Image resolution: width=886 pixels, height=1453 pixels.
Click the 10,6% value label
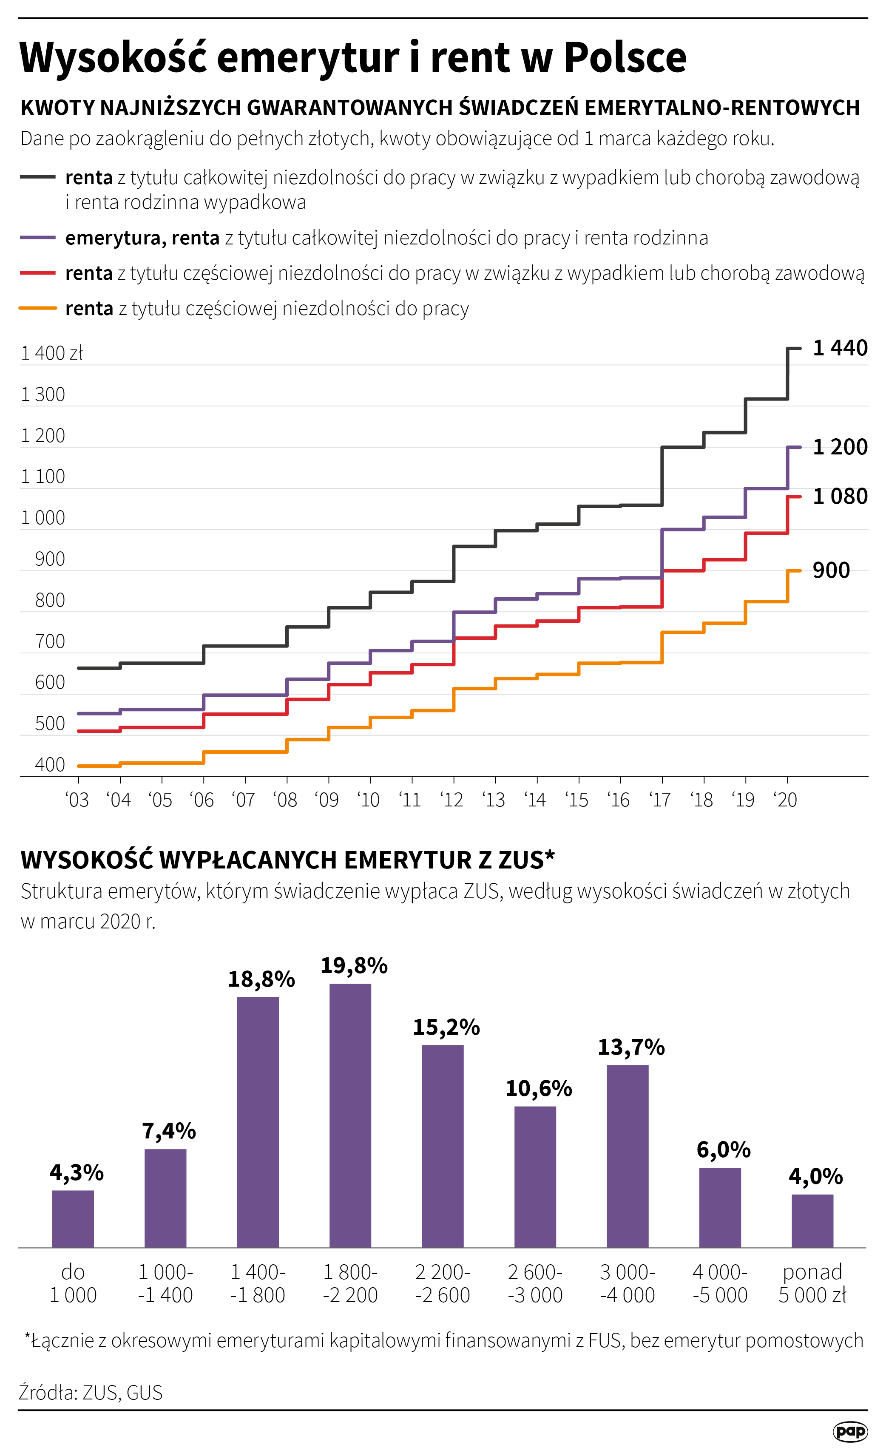[539, 1089]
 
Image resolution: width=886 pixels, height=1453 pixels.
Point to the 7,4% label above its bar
[169, 1131]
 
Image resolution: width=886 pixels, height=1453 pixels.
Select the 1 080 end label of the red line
[840, 497]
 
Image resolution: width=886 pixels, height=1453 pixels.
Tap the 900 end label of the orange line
[831, 570]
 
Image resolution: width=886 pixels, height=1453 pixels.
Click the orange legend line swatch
[38, 308]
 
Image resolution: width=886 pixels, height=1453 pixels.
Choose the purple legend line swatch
[38, 238]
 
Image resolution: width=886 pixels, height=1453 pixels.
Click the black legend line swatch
[38, 177]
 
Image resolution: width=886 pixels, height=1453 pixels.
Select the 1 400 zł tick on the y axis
[52, 353]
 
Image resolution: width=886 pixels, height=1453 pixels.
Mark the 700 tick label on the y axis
[50, 641]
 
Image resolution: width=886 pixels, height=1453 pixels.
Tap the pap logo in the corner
[850, 1431]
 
